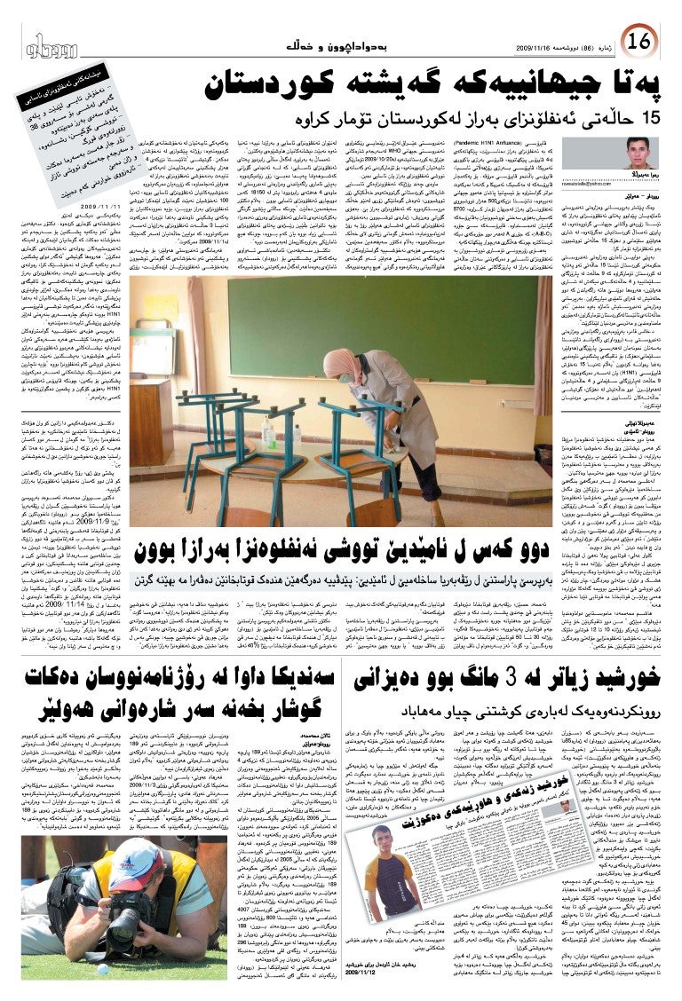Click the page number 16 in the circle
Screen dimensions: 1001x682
[638, 40]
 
